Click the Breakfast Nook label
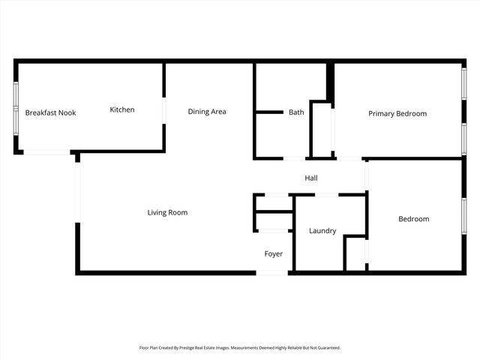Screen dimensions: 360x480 50,112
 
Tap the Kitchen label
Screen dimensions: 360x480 122,109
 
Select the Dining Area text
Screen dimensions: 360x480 207,112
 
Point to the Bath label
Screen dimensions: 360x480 296,112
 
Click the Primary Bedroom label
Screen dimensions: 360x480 397,113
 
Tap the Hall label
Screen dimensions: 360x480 311,178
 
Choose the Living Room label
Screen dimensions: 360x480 167,212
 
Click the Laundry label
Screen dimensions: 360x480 322,230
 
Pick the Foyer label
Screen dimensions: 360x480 274,253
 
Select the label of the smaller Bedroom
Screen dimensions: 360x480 413,218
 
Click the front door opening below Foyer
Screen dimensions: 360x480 272,272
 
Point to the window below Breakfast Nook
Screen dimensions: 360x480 46,152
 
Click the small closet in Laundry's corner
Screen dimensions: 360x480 355,253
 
